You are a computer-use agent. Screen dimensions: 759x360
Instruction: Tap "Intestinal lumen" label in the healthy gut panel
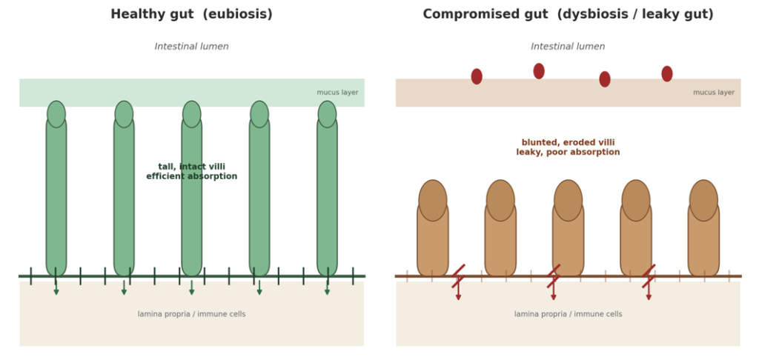192,47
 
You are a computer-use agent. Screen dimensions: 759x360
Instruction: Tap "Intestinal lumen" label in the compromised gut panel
568,47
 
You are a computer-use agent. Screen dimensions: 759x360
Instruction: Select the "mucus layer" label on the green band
337,93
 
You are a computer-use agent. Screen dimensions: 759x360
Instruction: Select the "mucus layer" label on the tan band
714,93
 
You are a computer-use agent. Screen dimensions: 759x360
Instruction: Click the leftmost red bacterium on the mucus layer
477,76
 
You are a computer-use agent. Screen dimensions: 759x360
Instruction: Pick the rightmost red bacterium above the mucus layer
667,73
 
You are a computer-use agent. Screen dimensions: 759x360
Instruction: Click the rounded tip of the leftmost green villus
56,114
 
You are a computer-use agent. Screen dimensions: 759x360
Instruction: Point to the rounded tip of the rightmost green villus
327,114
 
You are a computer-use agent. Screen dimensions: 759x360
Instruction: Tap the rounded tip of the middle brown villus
569,200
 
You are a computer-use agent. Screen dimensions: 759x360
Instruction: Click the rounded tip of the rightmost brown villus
704,200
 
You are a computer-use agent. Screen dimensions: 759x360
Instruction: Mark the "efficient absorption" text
192,176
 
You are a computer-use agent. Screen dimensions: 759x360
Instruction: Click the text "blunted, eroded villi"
568,143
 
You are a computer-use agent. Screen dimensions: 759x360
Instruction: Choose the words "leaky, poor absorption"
568,153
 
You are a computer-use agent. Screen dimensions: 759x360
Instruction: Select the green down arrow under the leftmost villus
56,287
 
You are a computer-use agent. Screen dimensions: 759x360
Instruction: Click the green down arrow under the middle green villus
192,287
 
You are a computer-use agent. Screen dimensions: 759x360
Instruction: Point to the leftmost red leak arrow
458,282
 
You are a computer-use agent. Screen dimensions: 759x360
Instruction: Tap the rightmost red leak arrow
649,282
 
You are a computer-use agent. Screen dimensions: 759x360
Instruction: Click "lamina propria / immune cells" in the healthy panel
192,315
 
